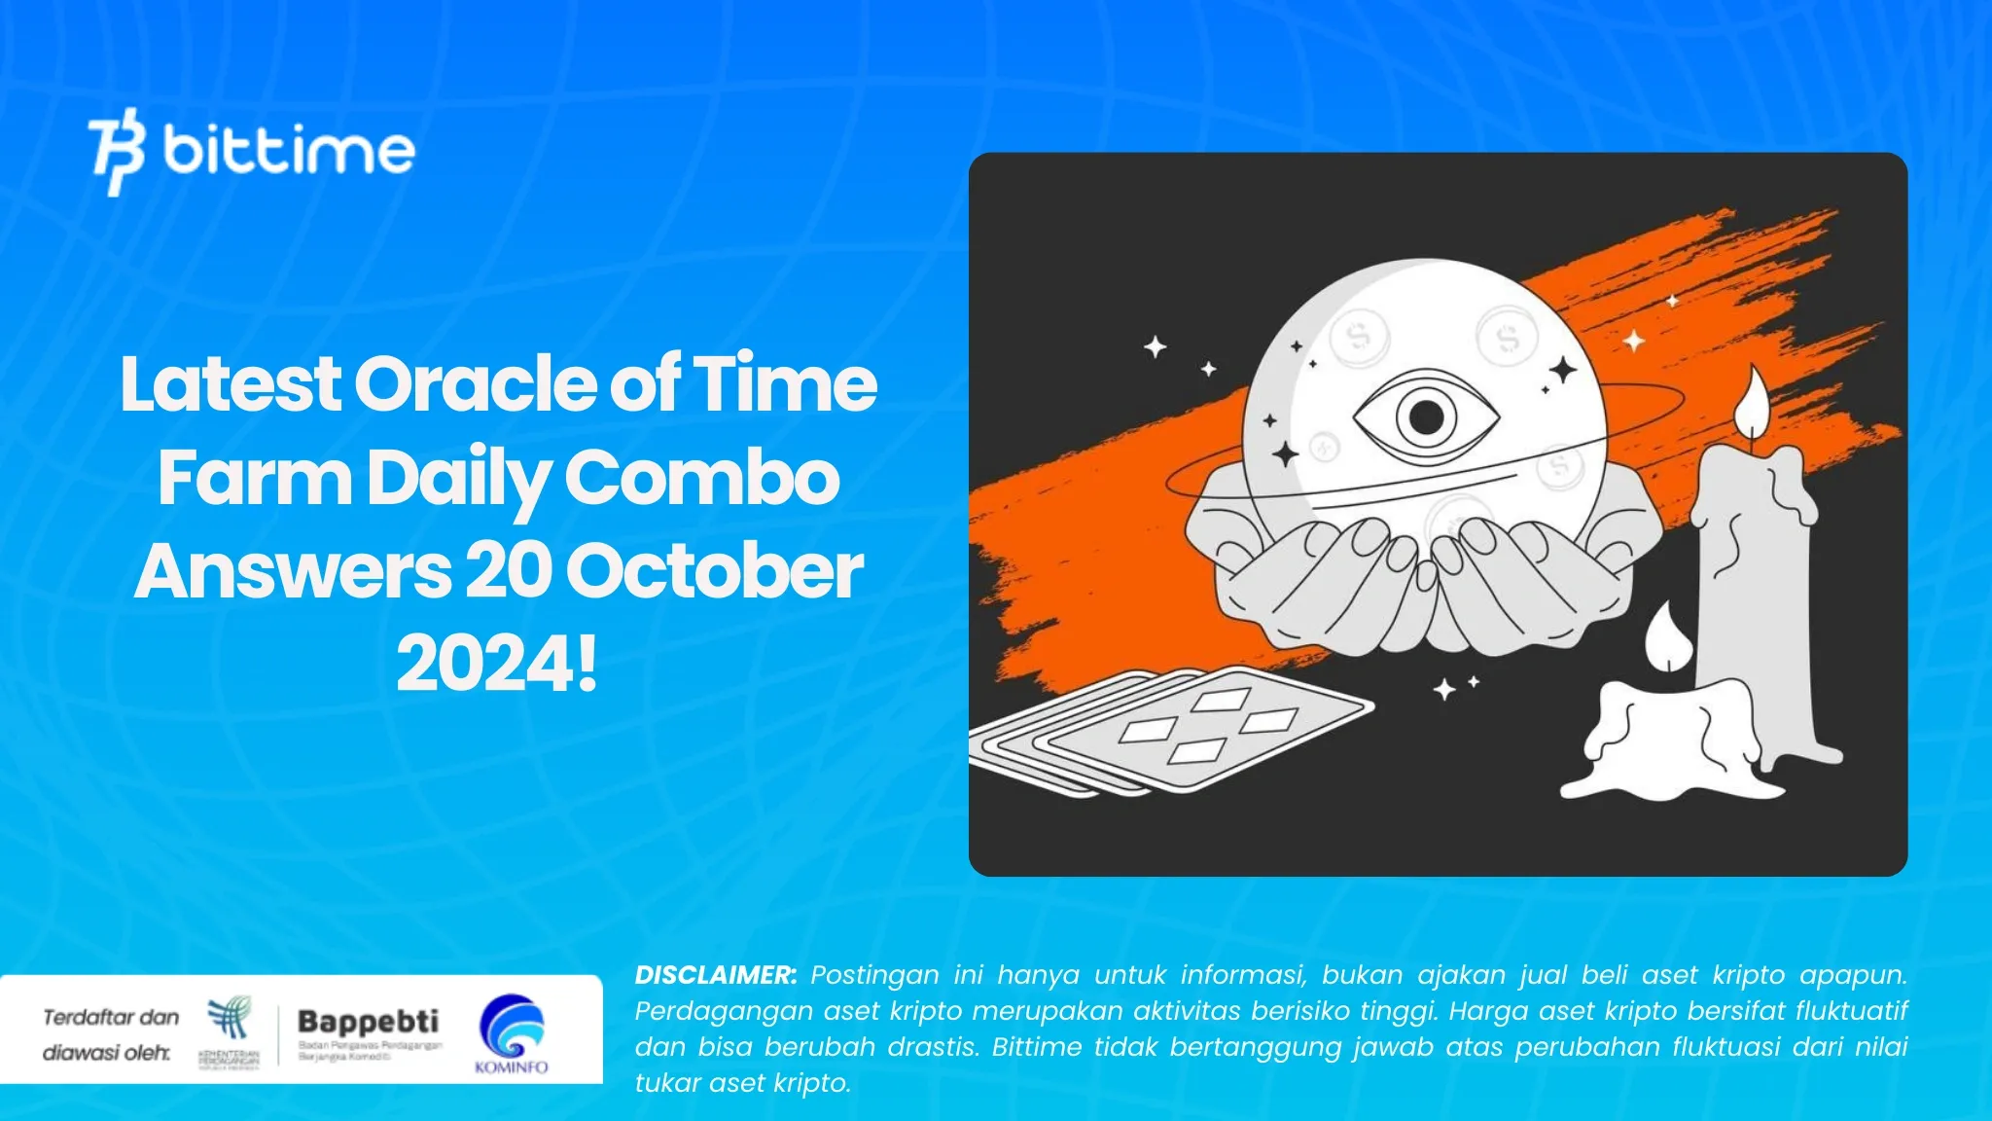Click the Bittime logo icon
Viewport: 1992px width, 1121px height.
[x=117, y=151]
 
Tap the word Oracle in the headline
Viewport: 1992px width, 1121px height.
[x=475, y=383]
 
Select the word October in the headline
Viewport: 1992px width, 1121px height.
[x=714, y=571]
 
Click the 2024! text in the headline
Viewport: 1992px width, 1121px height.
[x=496, y=665]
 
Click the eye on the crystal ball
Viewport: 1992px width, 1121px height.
[x=1426, y=416]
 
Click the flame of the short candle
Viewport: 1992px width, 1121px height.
[x=1667, y=636]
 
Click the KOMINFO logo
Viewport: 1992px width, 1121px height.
[x=512, y=1032]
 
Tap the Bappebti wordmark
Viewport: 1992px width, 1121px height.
[x=368, y=1021]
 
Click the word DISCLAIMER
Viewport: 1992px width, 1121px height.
[x=715, y=975]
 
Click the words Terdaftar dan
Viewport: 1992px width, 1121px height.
[x=111, y=1018]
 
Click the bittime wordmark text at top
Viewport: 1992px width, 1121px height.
[x=289, y=151]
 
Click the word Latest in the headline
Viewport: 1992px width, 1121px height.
[x=230, y=383]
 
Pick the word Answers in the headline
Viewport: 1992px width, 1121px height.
[x=292, y=571]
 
